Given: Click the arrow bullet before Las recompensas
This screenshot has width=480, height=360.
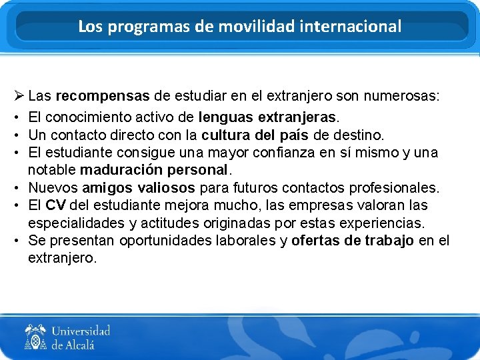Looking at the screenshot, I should tap(18, 96).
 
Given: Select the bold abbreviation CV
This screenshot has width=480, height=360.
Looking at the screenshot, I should tap(55, 205).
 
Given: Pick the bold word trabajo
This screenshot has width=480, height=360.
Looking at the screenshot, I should tap(389, 240).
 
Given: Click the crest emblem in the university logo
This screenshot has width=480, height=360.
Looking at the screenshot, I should tap(35, 337).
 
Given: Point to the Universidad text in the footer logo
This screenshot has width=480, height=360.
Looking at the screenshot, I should tap(81, 331).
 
